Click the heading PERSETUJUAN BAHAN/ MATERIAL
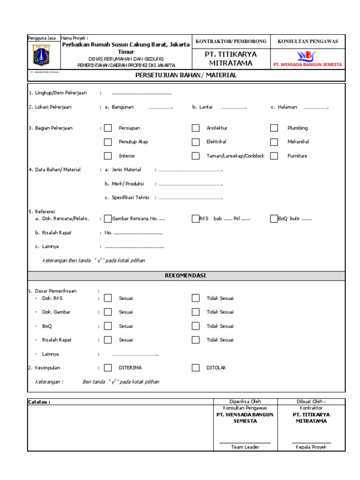click(186, 75)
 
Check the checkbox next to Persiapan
click(108, 128)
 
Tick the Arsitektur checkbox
click(195, 128)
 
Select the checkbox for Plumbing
click(275, 128)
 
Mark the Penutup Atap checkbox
click(108, 142)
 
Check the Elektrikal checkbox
click(195, 142)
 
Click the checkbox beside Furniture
click(275, 156)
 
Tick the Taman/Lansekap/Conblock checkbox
click(195, 156)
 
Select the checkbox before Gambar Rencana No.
click(108, 218)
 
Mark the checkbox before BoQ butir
click(274, 218)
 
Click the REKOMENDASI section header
click(186, 276)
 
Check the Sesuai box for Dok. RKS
click(108, 298)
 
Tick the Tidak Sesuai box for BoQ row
click(195, 326)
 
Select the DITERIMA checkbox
click(108, 368)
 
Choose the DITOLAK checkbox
click(195, 368)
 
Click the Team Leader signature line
click(245, 442)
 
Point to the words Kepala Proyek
click(311, 447)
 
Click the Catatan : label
click(39, 402)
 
